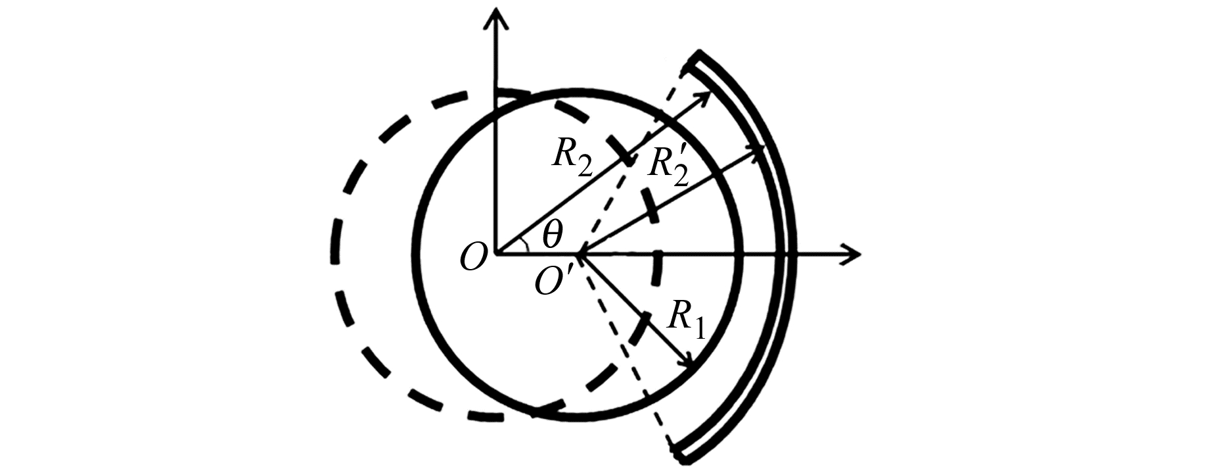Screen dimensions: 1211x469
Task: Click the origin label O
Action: coord(474,257)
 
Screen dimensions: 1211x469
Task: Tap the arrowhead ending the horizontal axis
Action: coord(852,254)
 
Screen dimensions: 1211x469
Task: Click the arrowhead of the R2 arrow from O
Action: coord(704,97)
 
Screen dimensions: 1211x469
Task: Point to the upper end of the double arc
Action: coord(695,59)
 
